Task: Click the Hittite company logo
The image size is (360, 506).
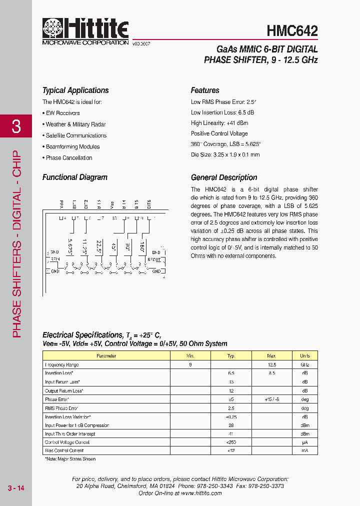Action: pos(85,31)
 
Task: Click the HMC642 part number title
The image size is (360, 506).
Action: pos(292,31)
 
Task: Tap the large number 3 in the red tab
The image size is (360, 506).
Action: pos(16,126)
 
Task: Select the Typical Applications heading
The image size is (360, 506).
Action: pos(75,90)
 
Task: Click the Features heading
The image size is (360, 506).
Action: pos(205,90)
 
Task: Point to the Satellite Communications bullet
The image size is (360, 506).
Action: pos(76,135)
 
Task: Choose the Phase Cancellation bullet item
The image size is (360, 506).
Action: pos(69,158)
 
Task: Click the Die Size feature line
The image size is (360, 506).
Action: pos(225,155)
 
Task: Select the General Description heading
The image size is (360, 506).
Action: pos(224,177)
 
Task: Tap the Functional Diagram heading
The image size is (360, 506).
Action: pos(75,177)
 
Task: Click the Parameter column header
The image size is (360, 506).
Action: pos(106,356)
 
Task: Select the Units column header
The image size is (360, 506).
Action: pos(304,356)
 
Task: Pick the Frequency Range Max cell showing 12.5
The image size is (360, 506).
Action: pos(271,365)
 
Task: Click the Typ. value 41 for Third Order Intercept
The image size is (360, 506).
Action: pos(231,434)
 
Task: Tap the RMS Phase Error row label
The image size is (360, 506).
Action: pos(61,408)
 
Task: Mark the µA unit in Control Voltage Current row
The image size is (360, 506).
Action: pos(304,442)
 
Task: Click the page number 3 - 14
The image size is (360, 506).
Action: pos(16,488)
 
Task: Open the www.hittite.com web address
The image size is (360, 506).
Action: pos(201,493)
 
